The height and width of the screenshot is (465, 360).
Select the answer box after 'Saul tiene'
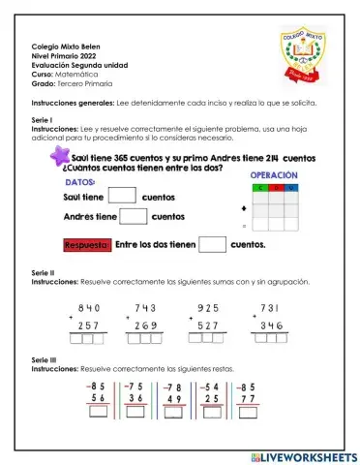[122, 195]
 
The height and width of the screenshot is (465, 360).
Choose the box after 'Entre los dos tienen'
[212, 244]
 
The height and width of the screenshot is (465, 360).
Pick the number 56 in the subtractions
[97, 399]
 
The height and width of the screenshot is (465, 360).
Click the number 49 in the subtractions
[174, 399]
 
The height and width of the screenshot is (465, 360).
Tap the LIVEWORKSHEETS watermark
[304, 455]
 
